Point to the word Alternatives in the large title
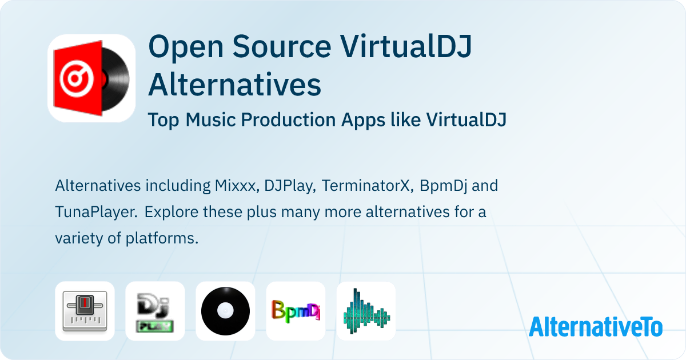[234, 85]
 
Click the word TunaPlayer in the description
[95, 212]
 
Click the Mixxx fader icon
[85, 311]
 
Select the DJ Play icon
[155, 311]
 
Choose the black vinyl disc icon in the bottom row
[225, 311]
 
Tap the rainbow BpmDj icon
[296, 311]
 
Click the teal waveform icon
[366, 311]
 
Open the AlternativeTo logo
[596, 327]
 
